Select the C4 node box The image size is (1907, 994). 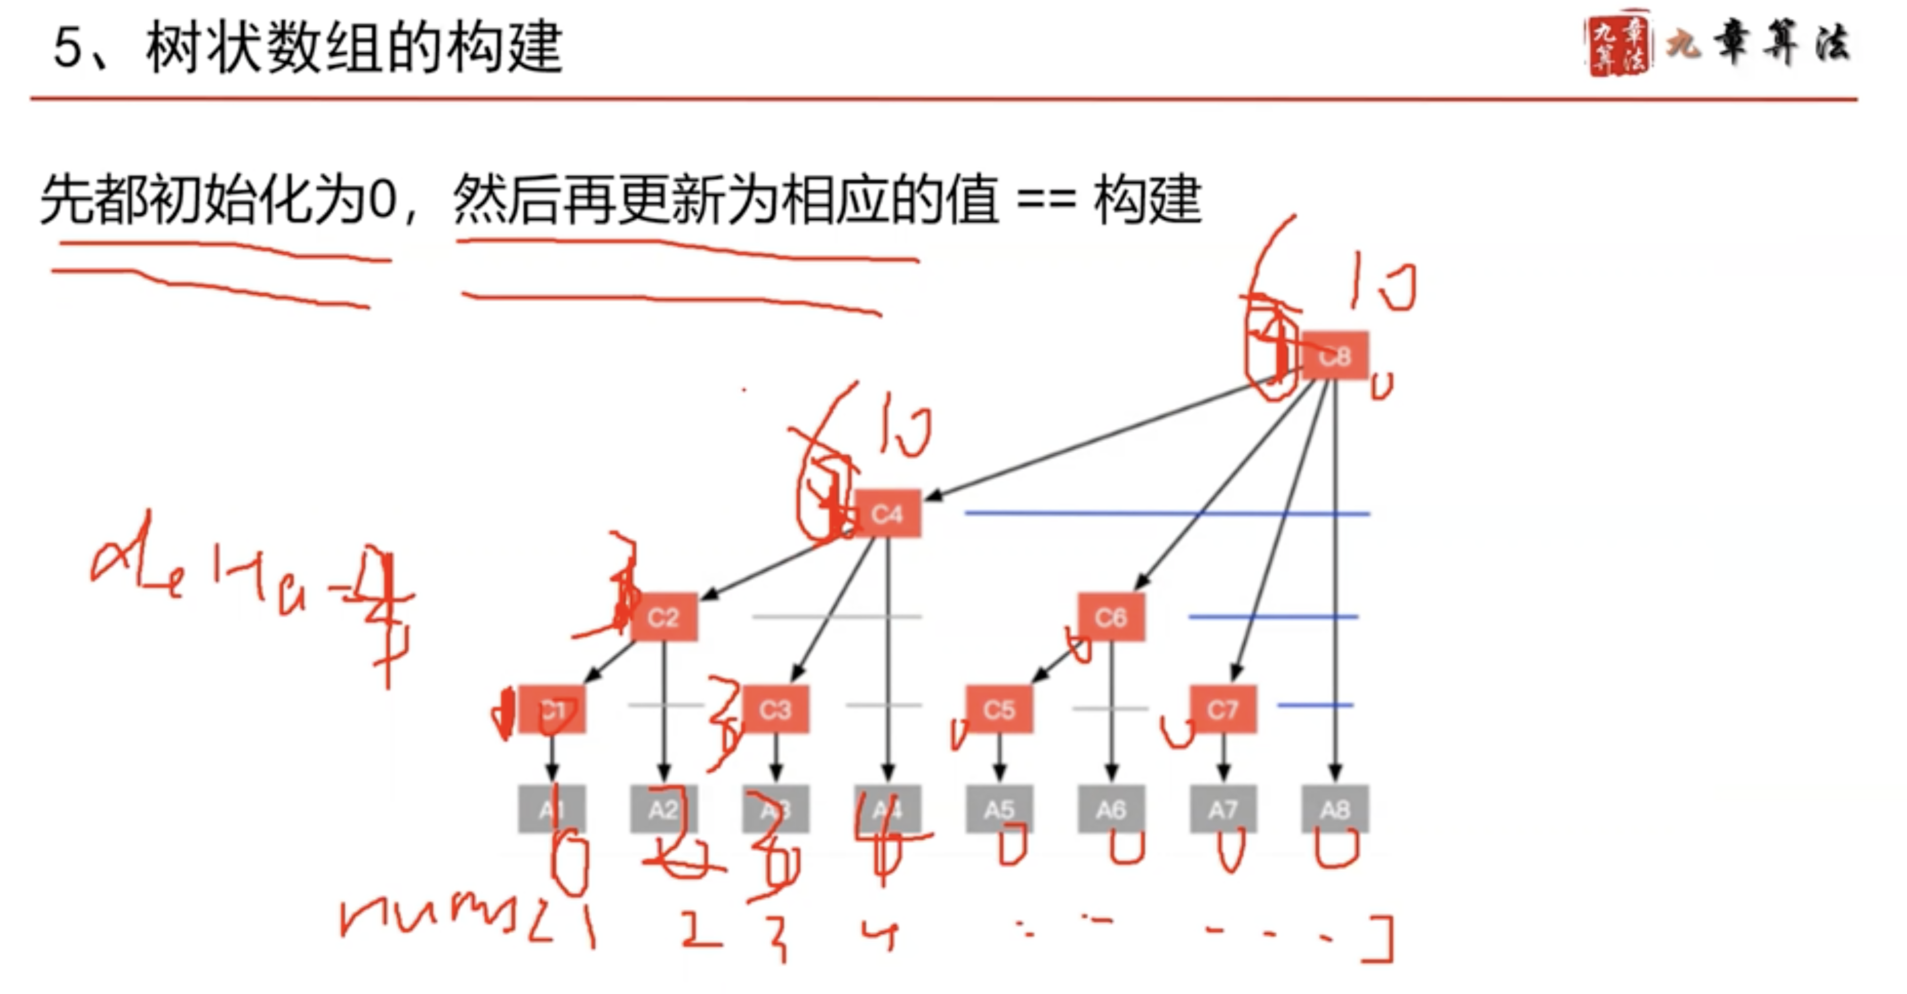(888, 513)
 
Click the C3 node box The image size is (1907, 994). (775, 710)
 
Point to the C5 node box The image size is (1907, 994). (1000, 710)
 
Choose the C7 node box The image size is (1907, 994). (1223, 710)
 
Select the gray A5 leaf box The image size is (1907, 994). (1000, 810)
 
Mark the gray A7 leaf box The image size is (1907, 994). (1223, 810)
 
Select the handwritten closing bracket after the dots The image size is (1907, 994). (1381, 940)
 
